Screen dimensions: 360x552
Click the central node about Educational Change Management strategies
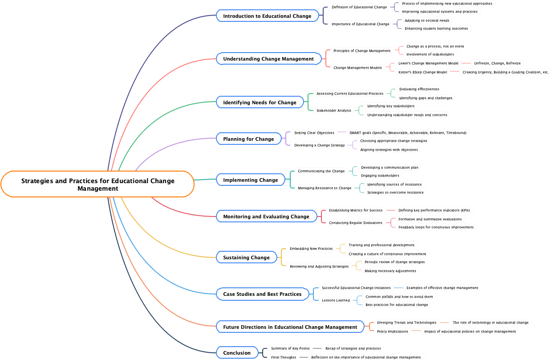97,184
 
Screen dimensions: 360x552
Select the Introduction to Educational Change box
267,16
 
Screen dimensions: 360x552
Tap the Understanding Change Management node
268,59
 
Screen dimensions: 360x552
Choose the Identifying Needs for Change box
260,102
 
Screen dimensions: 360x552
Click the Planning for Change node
248,139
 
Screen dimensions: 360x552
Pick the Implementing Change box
250,180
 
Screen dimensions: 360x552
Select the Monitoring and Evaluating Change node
266,217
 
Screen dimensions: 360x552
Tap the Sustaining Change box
246,258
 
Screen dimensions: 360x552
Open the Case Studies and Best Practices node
262,294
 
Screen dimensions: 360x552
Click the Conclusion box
237,353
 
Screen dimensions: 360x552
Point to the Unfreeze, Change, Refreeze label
497,63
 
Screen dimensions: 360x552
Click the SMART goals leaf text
408,133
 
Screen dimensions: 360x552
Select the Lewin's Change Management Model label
428,63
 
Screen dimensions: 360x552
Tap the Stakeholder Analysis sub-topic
334,110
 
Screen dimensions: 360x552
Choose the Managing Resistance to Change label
325,188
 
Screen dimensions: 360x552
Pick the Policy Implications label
393,331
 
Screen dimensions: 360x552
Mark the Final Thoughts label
284,357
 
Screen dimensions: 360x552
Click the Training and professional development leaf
382,245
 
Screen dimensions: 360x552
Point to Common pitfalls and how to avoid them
399,297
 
